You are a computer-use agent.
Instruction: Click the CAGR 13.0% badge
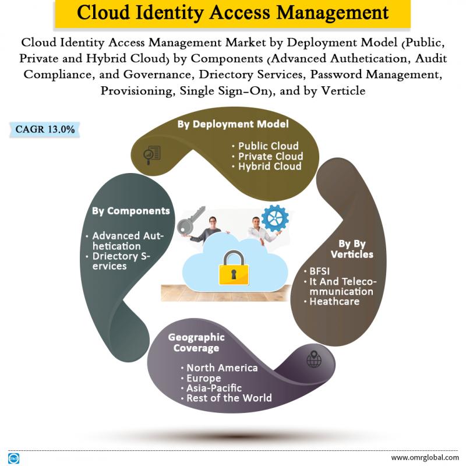45,129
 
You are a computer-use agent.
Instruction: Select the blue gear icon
275,218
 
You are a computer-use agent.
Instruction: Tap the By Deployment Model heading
233,124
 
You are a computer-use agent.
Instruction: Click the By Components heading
130,211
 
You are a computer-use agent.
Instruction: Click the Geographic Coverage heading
196,343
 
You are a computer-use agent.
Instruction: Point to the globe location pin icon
314,359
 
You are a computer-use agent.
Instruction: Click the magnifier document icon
152,155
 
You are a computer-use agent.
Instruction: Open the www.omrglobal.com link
425,457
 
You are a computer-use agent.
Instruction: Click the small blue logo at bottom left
13,458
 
